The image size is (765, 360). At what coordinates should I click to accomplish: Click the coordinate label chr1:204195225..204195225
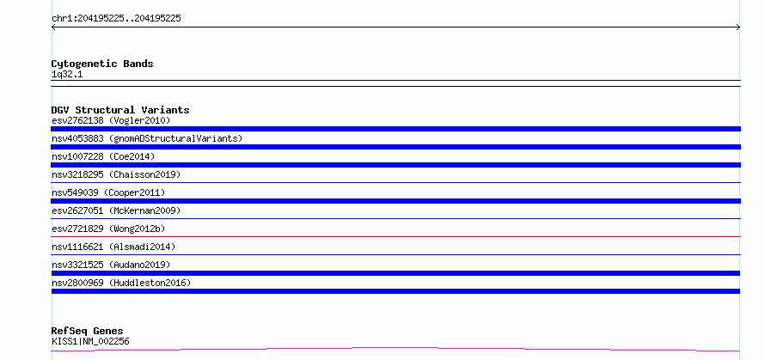[x=117, y=19]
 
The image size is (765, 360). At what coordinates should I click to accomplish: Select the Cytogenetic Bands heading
[x=102, y=64]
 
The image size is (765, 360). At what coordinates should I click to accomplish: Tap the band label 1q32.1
[x=67, y=75]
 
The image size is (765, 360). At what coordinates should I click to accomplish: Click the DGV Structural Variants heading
[x=120, y=110]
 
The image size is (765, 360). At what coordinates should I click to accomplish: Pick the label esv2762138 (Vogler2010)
[x=111, y=120]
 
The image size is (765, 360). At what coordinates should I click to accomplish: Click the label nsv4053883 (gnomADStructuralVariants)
[x=147, y=138]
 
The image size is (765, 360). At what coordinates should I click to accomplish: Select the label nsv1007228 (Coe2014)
[x=103, y=156]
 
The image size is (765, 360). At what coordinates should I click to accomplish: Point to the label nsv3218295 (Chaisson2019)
[x=116, y=174]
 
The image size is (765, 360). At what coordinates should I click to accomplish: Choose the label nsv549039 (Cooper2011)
[x=108, y=192]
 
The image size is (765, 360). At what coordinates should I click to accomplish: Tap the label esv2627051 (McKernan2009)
[x=116, y=211]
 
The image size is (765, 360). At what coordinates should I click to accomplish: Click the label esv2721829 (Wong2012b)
[x=111, y=229]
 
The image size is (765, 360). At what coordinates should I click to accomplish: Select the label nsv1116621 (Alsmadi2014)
[x=113, y=247]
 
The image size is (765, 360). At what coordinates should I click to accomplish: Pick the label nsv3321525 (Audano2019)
[x=111, y=265]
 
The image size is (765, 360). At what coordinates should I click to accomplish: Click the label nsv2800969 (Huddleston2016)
[x=121, y=283]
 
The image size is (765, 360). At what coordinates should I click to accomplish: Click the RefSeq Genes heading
[x=87, y=331]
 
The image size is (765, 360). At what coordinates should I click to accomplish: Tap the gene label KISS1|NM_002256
[x=90, y=341]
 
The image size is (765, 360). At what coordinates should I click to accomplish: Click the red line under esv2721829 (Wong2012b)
[x=395, y=236]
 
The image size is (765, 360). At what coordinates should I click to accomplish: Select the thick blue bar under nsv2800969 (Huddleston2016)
[x=395, y=291]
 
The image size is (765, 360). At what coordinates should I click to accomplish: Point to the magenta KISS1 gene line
[x=395, y=348]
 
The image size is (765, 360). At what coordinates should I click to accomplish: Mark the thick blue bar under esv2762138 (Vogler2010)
[x=395, y=129]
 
